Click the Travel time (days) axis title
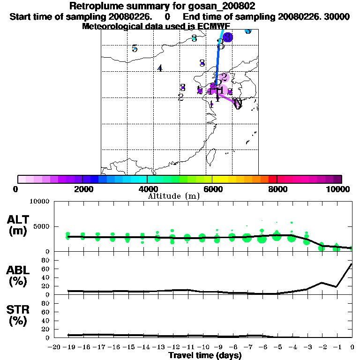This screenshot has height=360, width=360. [205, 355]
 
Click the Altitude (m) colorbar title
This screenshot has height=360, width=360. [174, 195]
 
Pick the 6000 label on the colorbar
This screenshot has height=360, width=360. [212, 189]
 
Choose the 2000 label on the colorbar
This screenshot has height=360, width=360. [82, 189]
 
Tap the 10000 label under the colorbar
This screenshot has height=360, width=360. [338, 189]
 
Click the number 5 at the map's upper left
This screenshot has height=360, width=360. [135, 48]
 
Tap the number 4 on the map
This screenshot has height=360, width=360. [160, 68]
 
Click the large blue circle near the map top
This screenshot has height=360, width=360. [228, 37]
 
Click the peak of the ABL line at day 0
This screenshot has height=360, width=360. [352, 264]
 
